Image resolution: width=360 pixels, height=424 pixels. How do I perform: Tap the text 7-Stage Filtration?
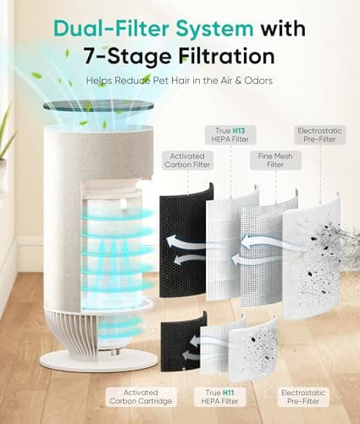coord(179,56)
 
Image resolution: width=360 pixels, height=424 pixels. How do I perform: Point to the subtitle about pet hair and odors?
coord(180,81)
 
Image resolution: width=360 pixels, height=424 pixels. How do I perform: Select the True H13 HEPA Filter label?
coord(233,134)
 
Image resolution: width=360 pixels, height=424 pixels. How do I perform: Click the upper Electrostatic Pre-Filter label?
coord(320,134)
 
